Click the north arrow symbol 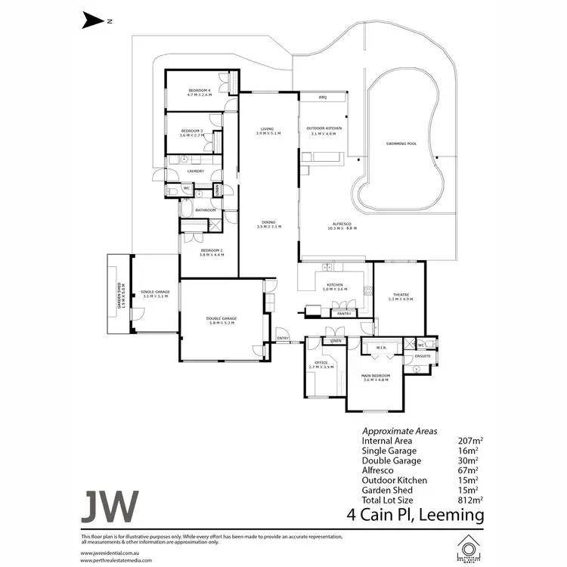click(x=91, y=21)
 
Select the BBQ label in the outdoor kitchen click(x=322, y=98)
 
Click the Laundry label click(x=196, y=171)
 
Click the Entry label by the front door click(x=283, y=338)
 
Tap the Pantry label click(x=345, y=311)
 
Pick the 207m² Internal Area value click(x=470, y=439)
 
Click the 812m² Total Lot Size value click(x=470, y=499)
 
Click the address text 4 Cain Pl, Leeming click(x=415, y=516)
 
